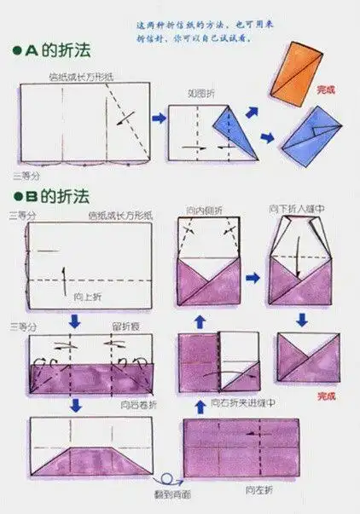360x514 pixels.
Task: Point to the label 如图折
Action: pyautogui.click(x=200, y=93)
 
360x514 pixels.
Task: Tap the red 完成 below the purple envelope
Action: pyautogui.click(x=326, y=396)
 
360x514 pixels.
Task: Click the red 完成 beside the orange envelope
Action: pyautogui.click(x=326, y=88)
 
